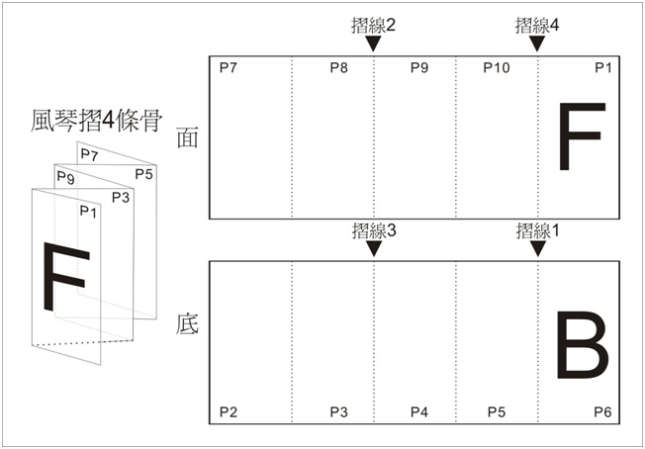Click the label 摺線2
[374, 27]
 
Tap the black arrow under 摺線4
[537, 44]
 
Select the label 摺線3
[374, 231]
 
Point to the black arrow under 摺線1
[537, 248]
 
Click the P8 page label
[339, 68]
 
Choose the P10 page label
[496, 68]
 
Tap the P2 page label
[229, 411]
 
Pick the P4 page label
[419, 411]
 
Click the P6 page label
[602, 411]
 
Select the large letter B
[582, 345]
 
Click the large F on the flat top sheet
[582, 136]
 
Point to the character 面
[187, 137]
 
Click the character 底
[188, 324]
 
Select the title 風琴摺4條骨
[95, 122]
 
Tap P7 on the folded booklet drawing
[89, 154]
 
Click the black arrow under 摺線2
[374, 44]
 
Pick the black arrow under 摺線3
[374, 248]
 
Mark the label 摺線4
[537, 27]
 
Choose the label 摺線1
[537, 231]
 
